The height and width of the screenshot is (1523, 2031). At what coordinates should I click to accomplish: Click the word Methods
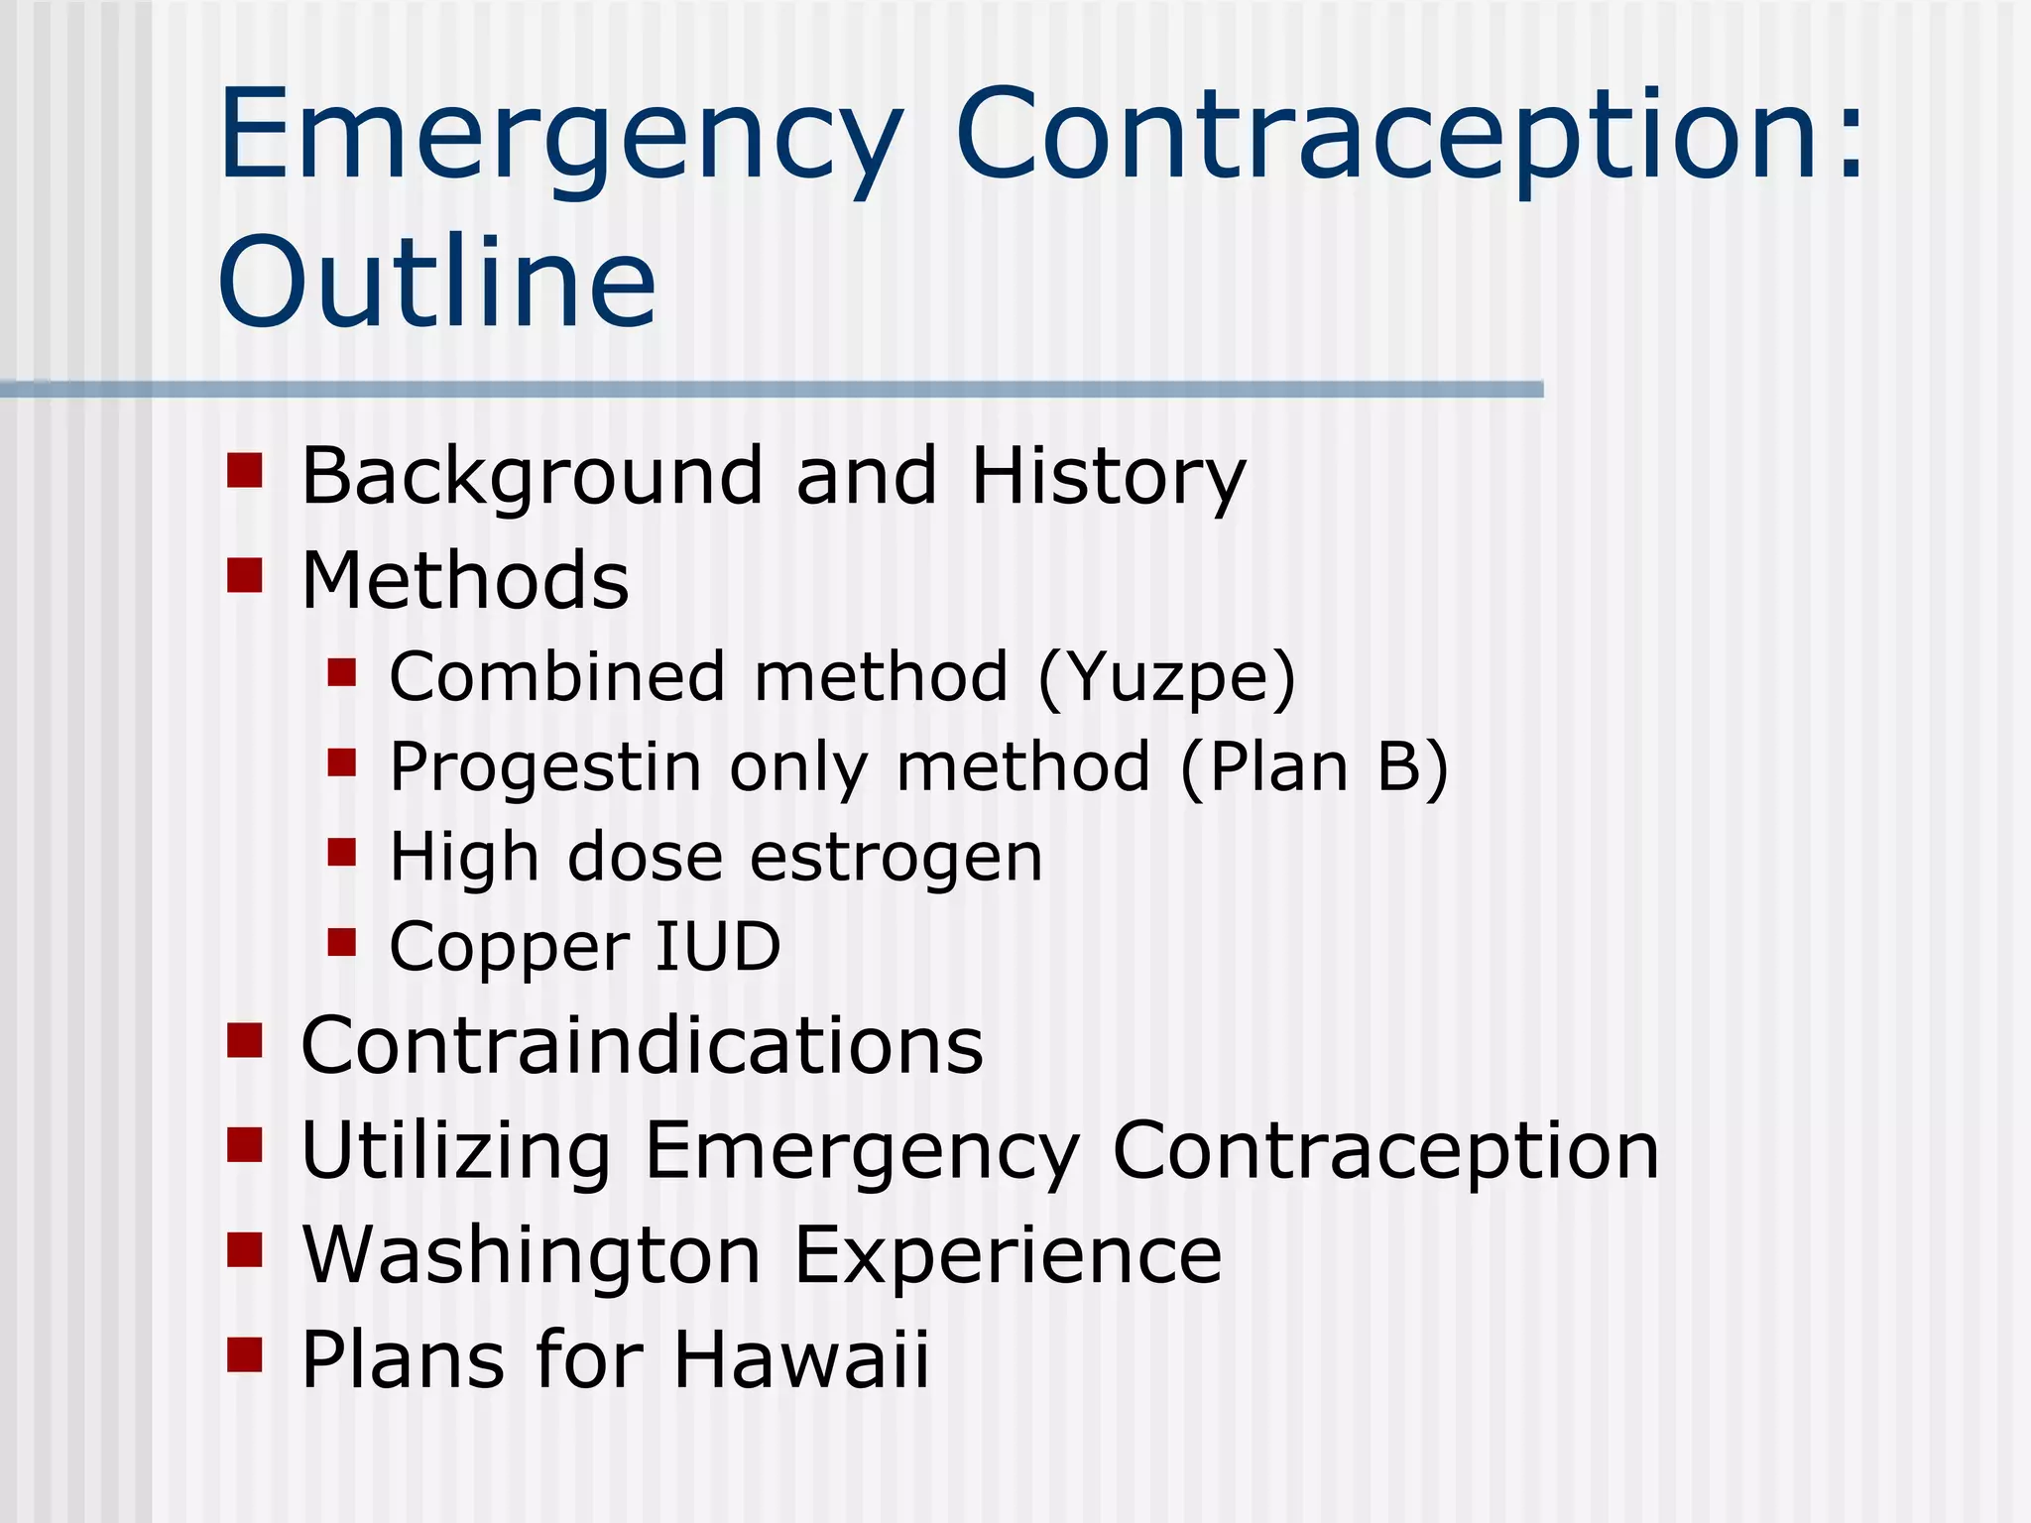(x=464, y=581)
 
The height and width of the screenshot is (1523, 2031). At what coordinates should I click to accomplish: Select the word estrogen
(x=896, y=858)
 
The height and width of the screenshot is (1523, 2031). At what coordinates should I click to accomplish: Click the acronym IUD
(x=718, y=947)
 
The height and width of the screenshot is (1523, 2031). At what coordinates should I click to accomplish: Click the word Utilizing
(x=455, y=1151)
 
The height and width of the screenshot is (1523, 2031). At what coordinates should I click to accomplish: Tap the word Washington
(x=532, y=1256)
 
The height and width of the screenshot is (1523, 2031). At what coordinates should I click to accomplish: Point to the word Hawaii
(x=801, y=1359)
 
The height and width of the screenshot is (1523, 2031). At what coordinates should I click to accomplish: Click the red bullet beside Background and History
(x=244, y=471)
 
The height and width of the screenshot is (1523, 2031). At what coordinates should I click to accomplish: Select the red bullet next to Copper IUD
(x=341, y=942)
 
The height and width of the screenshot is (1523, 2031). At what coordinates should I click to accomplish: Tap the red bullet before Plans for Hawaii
(x=244, y=1354)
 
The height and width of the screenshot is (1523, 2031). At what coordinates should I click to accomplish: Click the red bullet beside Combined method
(x=341, y=673)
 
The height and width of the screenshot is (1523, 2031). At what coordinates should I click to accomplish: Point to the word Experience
(x=1008, y=1256)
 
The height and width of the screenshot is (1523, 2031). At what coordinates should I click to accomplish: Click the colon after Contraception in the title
(x=1850, y=139)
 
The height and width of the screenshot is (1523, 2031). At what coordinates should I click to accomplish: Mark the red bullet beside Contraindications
(x=244, y=1041)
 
